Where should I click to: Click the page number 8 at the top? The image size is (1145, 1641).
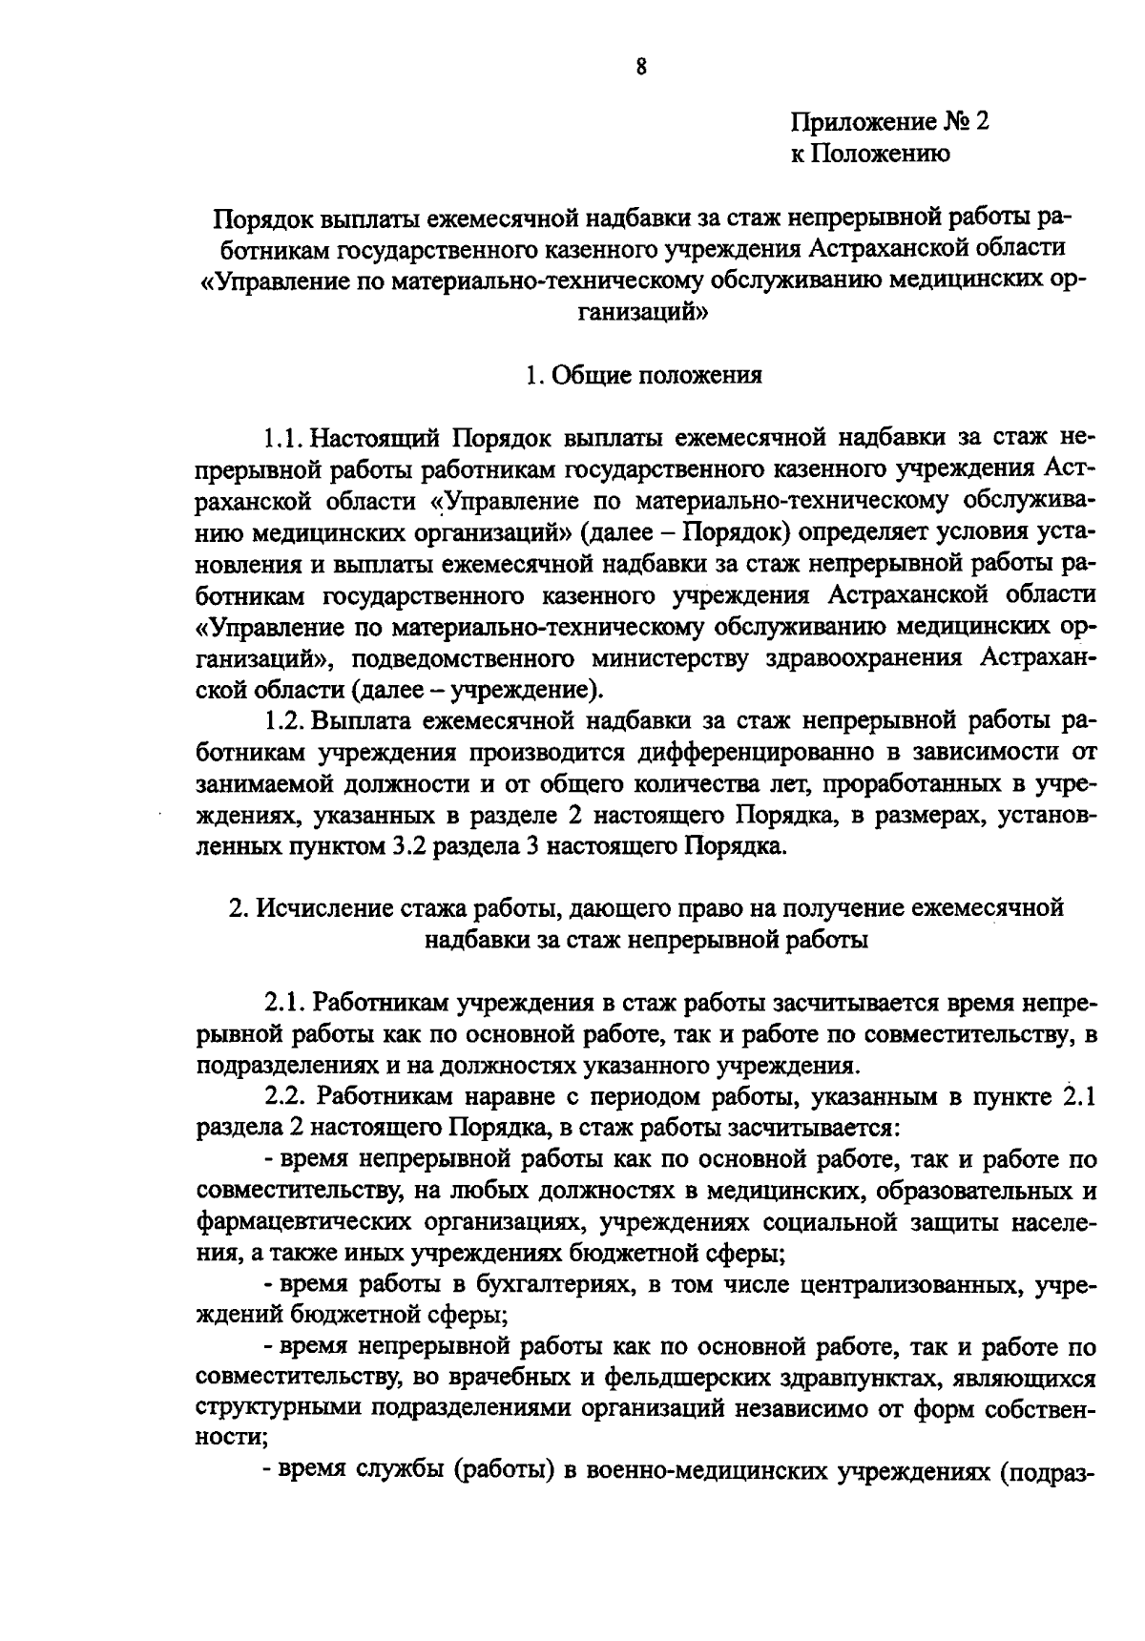640,67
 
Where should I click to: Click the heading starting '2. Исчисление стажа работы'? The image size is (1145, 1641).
646,907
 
